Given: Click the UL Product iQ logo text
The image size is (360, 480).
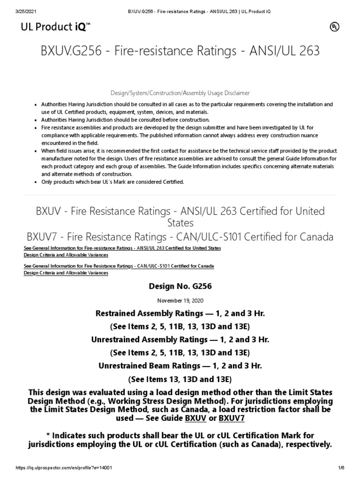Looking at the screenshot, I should point(56,28).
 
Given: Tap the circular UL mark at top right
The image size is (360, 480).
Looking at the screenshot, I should point(334,27).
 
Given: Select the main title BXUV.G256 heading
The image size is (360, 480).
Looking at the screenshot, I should point(180,51).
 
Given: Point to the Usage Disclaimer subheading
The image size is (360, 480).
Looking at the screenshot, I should point(180,93).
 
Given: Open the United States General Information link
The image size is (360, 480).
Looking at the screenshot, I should point(122,247).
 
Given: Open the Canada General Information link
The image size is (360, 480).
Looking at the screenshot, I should point(119,266).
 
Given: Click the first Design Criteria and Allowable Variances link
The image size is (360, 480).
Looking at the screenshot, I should point(66,255).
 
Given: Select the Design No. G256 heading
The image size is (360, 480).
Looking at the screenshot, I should point(180,286).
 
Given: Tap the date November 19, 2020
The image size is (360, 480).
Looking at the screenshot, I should point(180,300).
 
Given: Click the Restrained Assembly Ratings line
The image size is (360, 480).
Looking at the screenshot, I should point(180,313).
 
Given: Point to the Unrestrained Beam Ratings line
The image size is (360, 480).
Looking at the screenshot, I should point(180,366).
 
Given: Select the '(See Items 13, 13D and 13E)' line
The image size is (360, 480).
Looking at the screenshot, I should point(180,379).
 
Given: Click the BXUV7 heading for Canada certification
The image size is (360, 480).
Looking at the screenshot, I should point(180,237).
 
